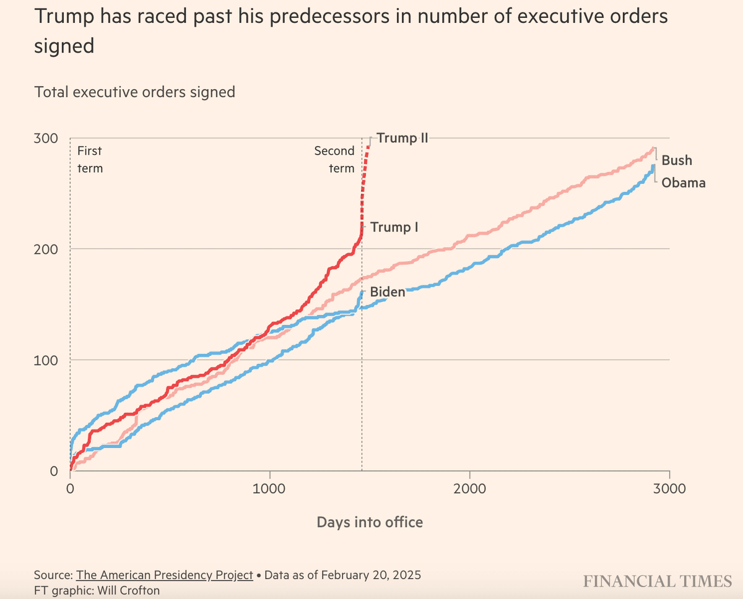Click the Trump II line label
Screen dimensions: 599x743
pyautogui.click(x=402, y=138)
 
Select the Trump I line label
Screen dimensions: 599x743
pyautogui.click(x=394, y=227)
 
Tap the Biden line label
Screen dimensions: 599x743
pyautogui.click(x=388, y=291)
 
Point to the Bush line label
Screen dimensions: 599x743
pyautogui.click(x=677, y=160)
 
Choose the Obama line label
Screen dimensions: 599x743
pyautogui.click(x=684, y=183)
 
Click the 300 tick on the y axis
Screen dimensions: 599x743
pyautogui.click(x=46, y=138)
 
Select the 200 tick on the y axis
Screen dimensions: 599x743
pyautogui.click(x=46, y=249)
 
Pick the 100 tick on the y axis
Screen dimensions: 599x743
pyautogui.click(x=46, y=360)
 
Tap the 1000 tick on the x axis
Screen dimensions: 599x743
pyautogui.click(x=270, y=489)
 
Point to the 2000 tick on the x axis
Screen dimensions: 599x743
pyautogui.click(x=470, y=489)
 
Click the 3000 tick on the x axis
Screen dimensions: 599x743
pyautogui.click(x=669, y=489)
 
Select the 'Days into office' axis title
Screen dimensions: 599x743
pyautogui.click(x=370, y=522)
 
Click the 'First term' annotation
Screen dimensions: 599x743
pyautogui.click(x=90, y=159)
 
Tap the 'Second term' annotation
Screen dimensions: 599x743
pyautogui.click(x=334, y=159)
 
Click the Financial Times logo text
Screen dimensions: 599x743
pyautogui.click(x=658, y=581)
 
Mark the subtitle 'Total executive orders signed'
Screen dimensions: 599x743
pyautogui.click(x=135, y=92)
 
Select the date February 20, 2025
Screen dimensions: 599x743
pyautogui.click(x=374, y=575)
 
